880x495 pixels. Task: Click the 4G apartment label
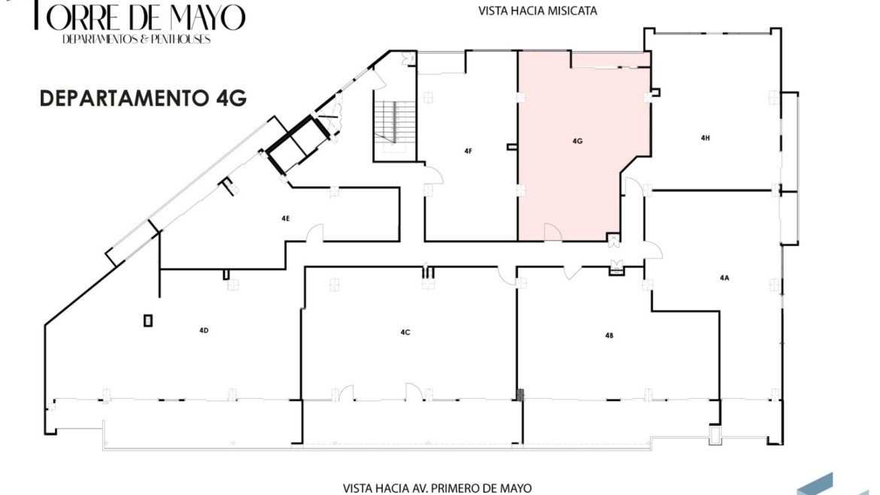[x=578, y=141]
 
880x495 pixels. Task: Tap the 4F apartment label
[x=468, y=151]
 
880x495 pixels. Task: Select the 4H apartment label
[x=706, y=138]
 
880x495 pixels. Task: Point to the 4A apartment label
[x=724, y=278]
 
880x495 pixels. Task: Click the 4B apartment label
[x=609, y=335]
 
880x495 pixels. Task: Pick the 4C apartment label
[x=405, y=333]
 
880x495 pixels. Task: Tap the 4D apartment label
[x=204, y=330]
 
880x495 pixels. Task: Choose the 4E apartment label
[x=286, y=218]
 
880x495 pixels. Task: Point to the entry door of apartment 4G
[x=553, y=232]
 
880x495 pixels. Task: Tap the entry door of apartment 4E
[x=315, y=233]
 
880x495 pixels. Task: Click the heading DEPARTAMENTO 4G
[x=143, y=99]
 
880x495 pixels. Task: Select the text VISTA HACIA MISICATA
[x=538, y=11]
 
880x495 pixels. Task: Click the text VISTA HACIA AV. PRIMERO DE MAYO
[x=437, y=488]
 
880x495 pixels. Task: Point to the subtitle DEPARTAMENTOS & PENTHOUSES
[x=136, y=39]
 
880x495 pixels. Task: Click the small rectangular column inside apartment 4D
[x=147, y=320]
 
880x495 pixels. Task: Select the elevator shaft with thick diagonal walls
[x=298, y=143]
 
